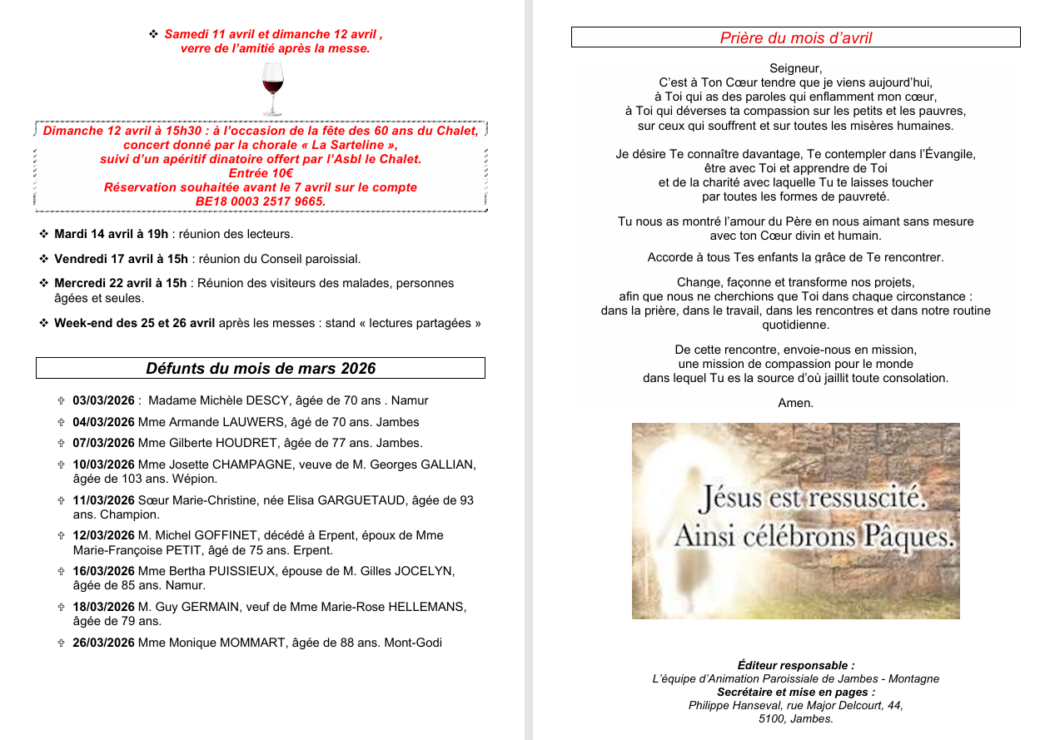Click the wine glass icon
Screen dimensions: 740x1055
(x=272, y=88)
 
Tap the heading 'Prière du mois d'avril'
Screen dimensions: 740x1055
(x=795, y=38)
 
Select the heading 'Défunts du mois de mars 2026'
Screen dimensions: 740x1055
(x=261, y=368)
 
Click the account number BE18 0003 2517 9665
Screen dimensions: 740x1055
(x=260, y=201)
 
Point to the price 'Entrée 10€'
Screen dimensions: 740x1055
(x=261, y=173)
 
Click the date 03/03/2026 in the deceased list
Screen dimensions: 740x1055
(x=103, y=400)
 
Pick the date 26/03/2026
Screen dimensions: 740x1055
(x=103, y=643)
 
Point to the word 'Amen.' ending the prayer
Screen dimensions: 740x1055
(x=795, y=403)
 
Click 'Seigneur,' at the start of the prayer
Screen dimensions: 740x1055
(x=795, y=68)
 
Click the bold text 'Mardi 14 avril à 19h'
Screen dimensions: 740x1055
(x=111, y=234)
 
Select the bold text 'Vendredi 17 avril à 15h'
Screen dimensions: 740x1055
(x=121, y=259)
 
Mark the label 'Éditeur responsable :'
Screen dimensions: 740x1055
(x=795, y=665)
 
